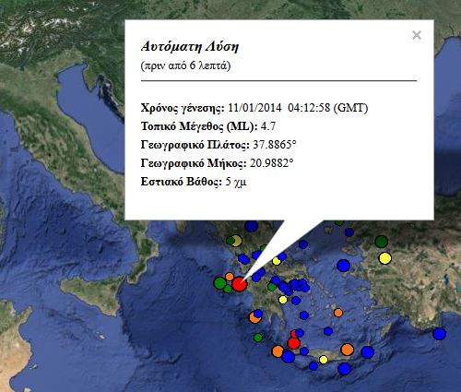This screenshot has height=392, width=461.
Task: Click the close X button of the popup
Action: coord(417,35)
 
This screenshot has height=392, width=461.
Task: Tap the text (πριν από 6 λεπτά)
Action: coord(185,66)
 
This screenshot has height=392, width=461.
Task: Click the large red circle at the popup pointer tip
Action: coord(239,284)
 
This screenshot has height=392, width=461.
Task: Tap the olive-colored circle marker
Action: coord(235,242)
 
